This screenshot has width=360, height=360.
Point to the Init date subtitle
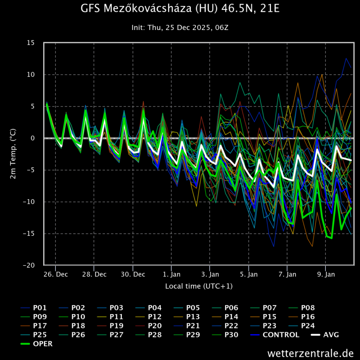(180, 28)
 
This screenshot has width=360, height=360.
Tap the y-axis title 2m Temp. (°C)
(13, 154)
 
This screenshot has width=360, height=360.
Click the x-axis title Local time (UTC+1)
(199, 285)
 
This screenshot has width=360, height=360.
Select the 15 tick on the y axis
(31, 43)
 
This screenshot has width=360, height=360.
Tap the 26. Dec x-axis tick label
(55, 274)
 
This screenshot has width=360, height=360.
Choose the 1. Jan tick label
(172, 274)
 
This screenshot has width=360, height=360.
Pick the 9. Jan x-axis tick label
(326, 274)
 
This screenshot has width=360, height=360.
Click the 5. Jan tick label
(249, 274)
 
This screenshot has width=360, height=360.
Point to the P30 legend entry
(231, 335)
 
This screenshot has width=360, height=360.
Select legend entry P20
(155, 326)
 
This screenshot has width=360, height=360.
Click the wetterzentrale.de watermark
(310, 352)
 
